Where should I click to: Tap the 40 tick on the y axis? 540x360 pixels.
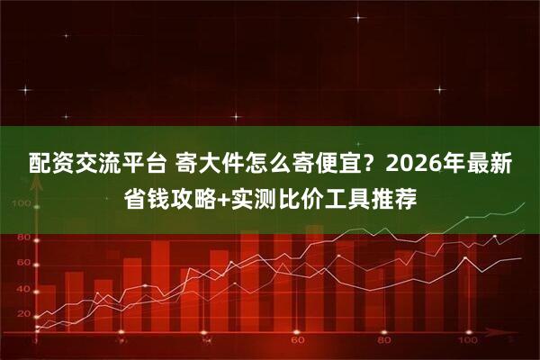coord(23,289)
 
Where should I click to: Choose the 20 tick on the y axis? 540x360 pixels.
coord(23,316)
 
